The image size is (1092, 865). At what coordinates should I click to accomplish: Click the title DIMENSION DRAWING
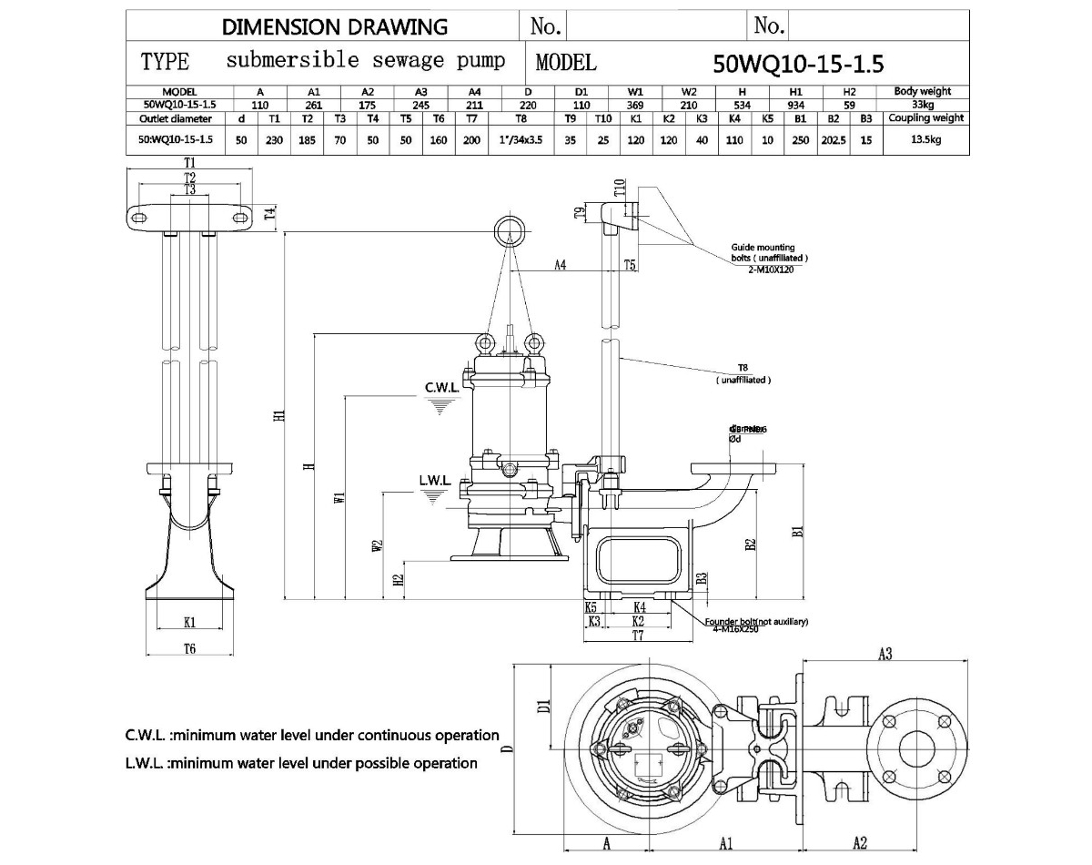point(335,26)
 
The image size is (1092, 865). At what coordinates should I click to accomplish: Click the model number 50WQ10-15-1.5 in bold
point(799,64)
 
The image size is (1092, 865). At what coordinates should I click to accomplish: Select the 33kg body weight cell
point(922,104)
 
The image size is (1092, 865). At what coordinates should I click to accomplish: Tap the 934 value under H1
point(796,104)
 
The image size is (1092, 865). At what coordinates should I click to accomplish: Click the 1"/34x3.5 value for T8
point(521,139)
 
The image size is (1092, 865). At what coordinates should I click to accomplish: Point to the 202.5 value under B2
point(832,139)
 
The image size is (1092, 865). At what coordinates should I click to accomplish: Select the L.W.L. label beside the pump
point(435,480)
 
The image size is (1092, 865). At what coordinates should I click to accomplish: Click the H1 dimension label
point(280,415)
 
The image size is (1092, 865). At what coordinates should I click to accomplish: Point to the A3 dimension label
point(884,653)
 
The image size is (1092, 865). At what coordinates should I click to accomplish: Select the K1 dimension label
point(190,623)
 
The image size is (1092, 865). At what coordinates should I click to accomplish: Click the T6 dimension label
point(190,648)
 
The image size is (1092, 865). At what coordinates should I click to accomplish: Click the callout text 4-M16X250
point(735,629)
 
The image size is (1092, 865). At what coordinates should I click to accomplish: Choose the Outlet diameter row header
point(176,118)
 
